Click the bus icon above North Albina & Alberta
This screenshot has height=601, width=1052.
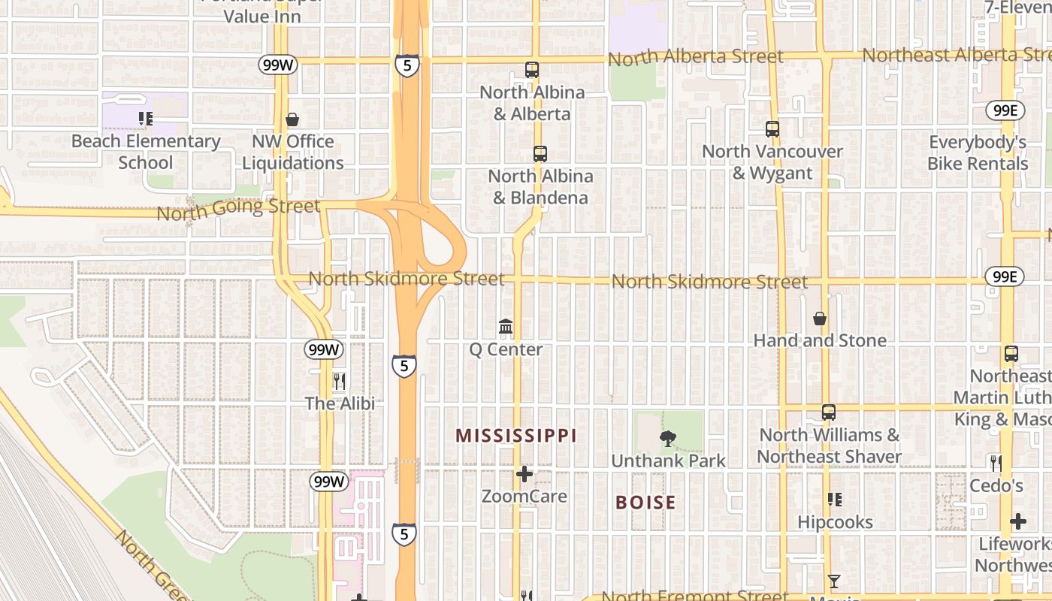tap(532, 70)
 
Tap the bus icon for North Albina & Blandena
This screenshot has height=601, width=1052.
tap(540, 154)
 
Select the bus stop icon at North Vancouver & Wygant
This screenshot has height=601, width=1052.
tap(772, 129)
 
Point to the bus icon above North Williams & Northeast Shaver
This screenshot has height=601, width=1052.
tap(828, 412)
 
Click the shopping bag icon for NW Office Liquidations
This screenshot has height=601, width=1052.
tap(292, 119)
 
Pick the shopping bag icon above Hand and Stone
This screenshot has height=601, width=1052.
tap(820, 319)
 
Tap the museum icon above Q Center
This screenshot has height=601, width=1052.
tap(506, 327)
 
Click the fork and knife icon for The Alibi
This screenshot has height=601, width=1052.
tap(339, 382)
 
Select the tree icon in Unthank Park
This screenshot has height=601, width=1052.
tap(667, 439)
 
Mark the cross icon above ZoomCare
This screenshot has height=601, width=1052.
tap(524, 474)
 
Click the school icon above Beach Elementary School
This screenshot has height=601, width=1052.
tap(145, 118)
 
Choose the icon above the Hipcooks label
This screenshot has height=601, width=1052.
tap(834, 500)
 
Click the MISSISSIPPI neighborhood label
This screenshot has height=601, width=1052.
tap(516, 436)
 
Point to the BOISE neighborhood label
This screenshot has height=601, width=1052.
tap(645, 503)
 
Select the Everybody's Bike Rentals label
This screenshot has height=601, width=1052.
tap(978, 153)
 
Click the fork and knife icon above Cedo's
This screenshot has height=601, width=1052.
tap(996, 463)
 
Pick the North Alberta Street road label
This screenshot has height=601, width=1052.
tap(695, 57)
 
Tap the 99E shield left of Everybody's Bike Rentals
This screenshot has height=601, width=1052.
tap(1005, 110)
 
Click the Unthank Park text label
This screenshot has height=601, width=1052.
tap(668, 461)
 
